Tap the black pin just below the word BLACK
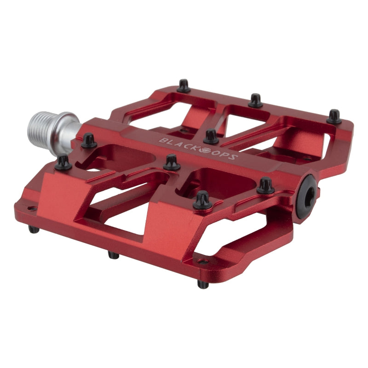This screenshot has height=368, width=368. tap(172, 162)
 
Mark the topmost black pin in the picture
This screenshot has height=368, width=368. tap(184, 86)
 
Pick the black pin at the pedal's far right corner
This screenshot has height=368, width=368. tap(334, 116)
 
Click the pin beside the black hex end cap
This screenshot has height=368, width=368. tap(265, 186)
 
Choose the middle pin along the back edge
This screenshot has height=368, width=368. tap(255, 100)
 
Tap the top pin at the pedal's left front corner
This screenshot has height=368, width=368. tap(63, 162)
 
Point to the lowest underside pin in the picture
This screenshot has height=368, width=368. tap(203, 284)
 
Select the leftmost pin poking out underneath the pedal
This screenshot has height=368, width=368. tap(33, 229)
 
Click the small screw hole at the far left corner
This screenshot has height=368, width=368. tap(30, 208)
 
